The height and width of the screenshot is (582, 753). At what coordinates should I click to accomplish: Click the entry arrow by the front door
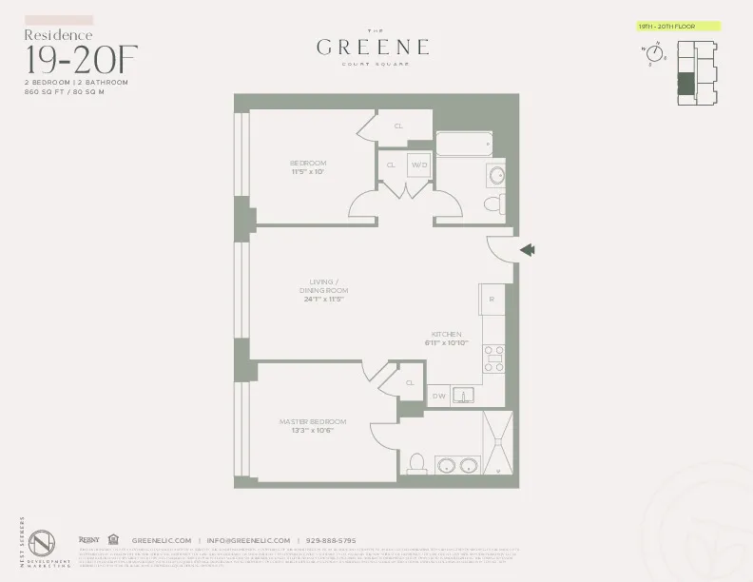click(x=528, y=250)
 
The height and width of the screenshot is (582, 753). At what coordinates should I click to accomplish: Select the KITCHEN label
click(x=446, y=335)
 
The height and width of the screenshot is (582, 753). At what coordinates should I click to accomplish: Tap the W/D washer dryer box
click(x=419, y=165)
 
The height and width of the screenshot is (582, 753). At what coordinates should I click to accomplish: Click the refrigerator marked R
click(x=492, y=299)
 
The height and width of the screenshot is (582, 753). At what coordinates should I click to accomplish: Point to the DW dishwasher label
click(x=439, y=395)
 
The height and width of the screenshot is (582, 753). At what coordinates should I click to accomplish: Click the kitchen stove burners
click(x=494, y=358)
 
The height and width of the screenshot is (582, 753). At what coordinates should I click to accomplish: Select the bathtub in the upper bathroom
click(x=464, y=145)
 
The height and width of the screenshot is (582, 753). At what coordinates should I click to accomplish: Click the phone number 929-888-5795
click(x=330, y=540)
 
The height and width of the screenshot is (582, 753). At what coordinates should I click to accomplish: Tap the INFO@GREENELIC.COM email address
click(x=252, y=540)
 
